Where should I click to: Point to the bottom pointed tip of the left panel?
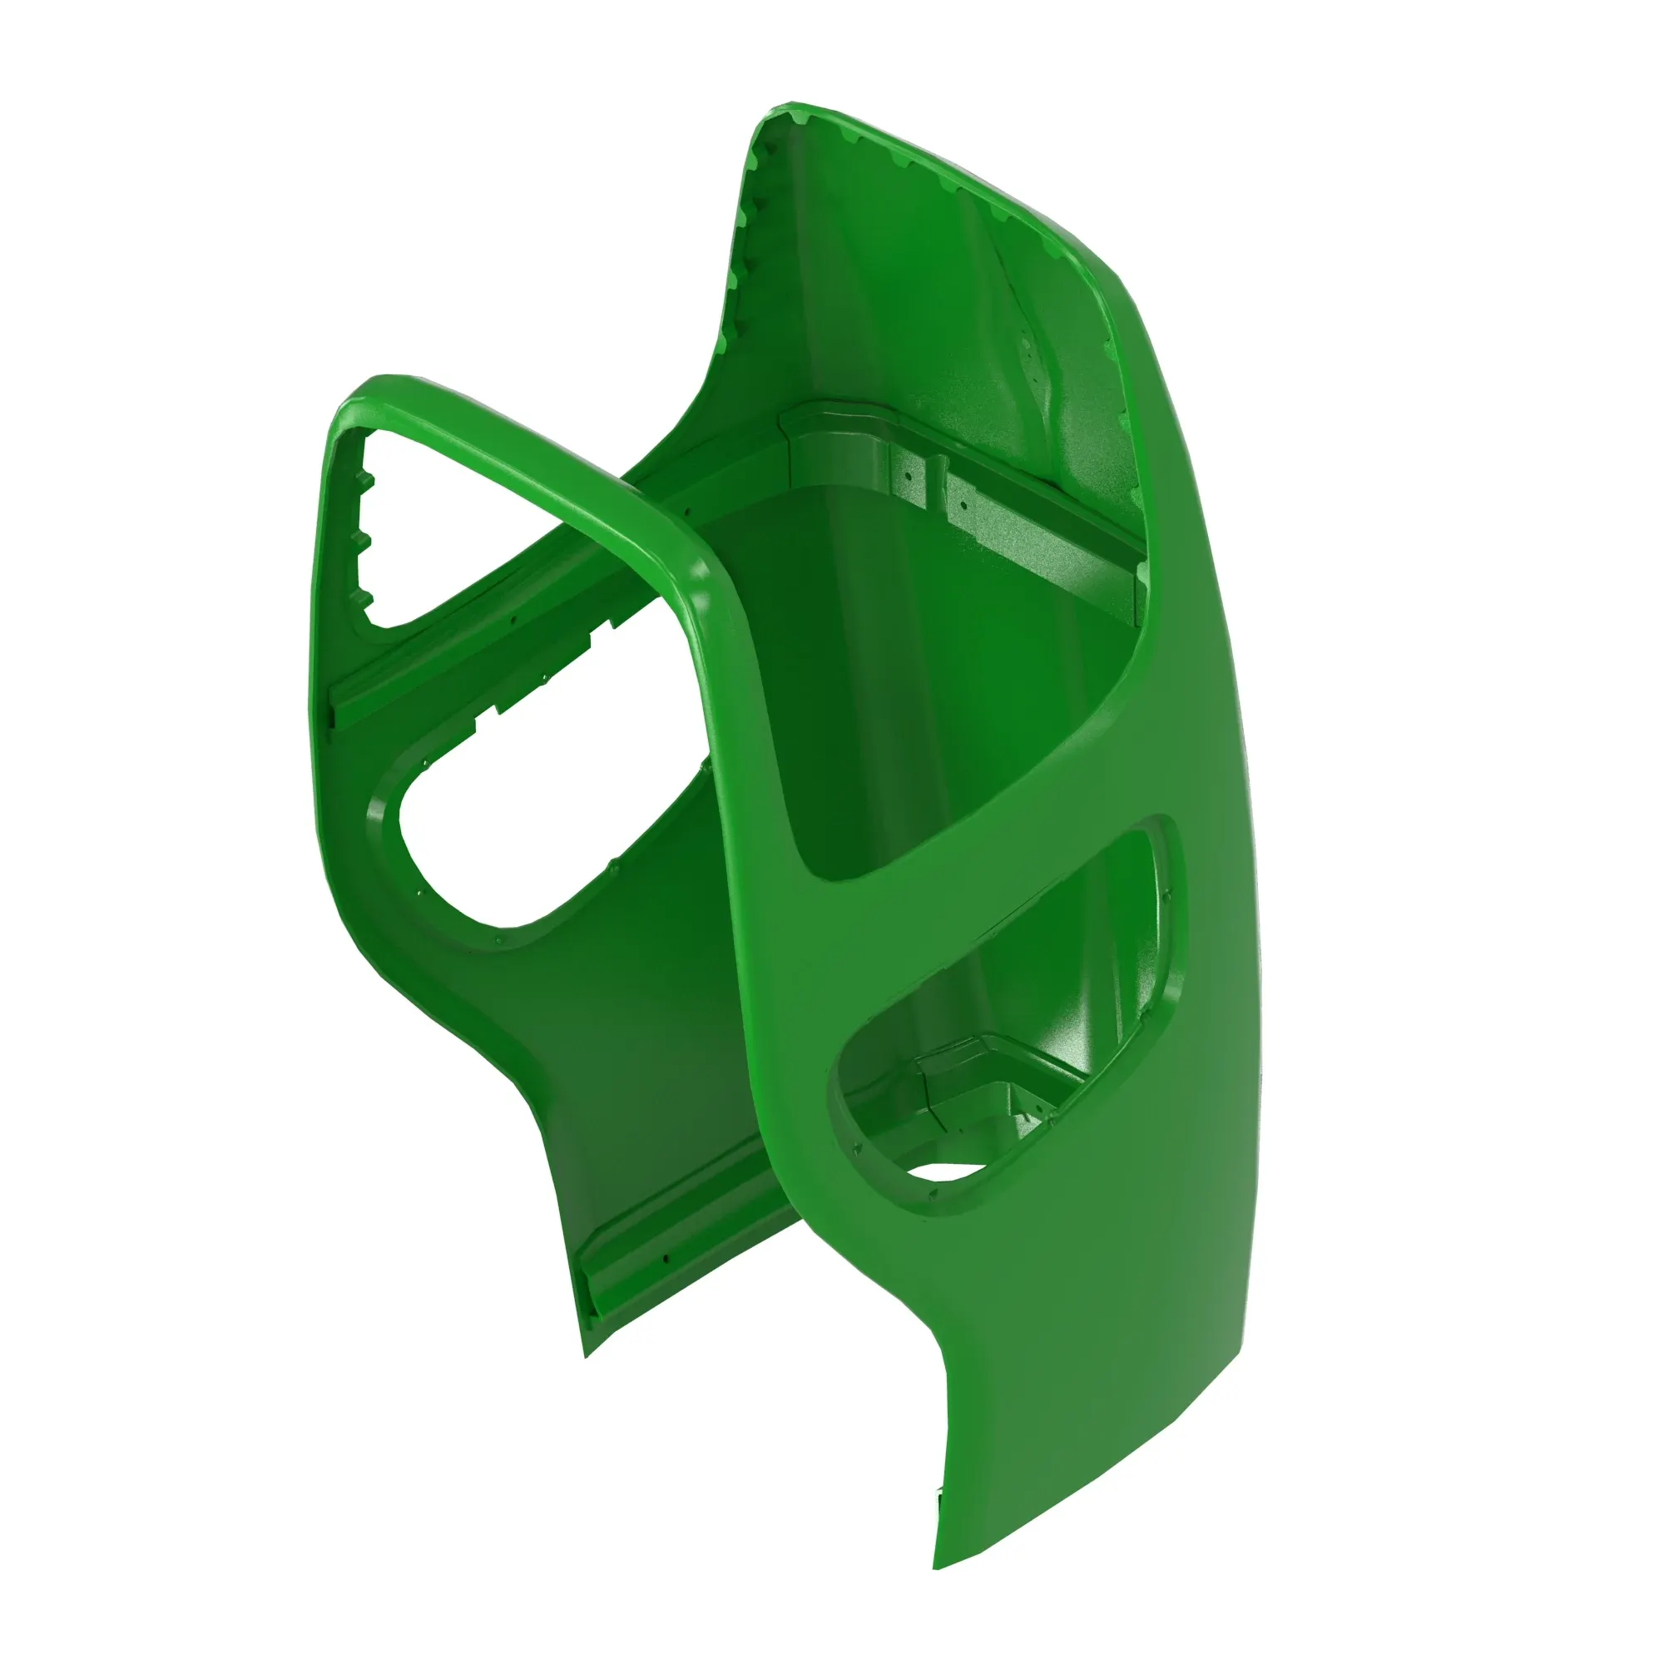coord(586,1356)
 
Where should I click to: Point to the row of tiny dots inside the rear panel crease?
coord(1029,362)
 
